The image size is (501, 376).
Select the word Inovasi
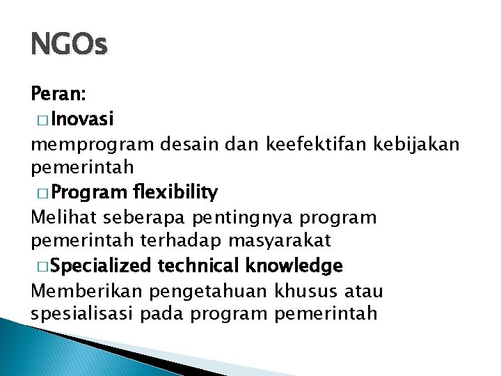pos(82,119)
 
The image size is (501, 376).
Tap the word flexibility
pos(177,191)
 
